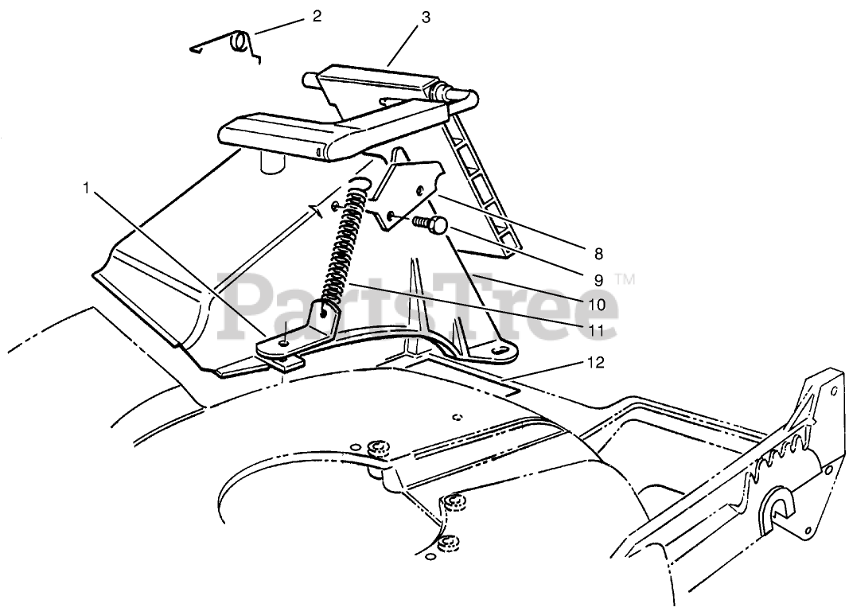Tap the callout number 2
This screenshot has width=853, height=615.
(x=317, y=16)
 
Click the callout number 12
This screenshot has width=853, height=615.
(x=597, y=363)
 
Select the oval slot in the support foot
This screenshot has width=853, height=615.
(x=501, y=349)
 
